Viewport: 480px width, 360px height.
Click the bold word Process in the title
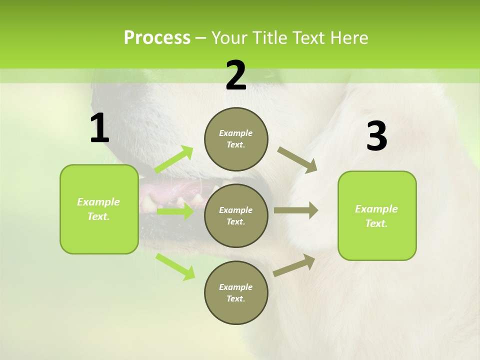pyautogui.click(x=157, y=37)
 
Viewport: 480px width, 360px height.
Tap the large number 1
pyautogui.click(x=99, y=128)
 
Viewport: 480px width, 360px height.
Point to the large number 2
pyautogui.click(x=236, y=75)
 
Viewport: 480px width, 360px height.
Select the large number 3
pyautogui.click(x=376, y=136)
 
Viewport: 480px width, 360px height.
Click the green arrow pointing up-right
pyautogui.click(x=174, y=159)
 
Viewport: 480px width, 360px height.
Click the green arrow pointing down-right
pyautogui.click(x=175, y=266)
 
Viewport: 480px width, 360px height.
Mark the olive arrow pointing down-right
pyautogui.click(x=297, y=160)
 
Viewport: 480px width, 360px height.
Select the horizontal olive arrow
pyautogui.click(x=295, y=210)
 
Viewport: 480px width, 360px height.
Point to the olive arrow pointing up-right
pyautogui.click(x=294, y=265)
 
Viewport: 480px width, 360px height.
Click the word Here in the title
pyautogui.click(x=349, y=37)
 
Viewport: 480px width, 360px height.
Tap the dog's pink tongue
pyautogui.click(x=172, y=190)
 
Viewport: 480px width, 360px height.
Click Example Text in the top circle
pyautogui.click(x=236, y=139)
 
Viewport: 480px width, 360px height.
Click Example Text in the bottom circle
pyautogui.click(x=236, y=293)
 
